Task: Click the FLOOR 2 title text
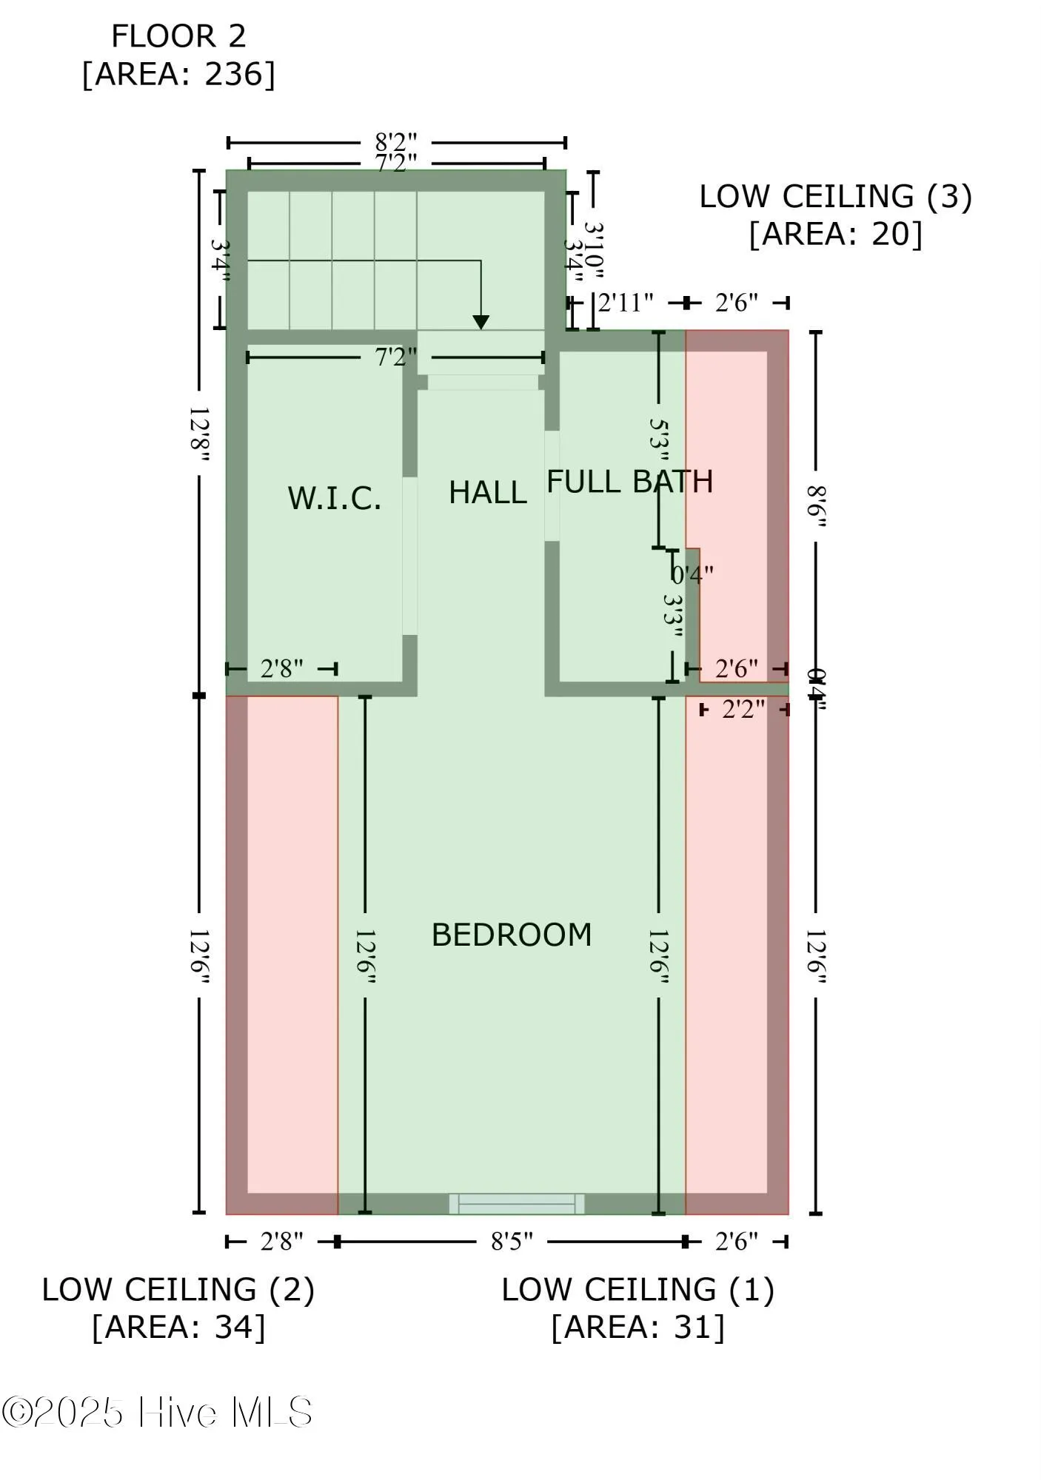(x=178, y=36)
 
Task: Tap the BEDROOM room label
(x=512, y=935)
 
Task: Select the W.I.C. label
(x=335, y=499)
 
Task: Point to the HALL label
(x=487, y=493)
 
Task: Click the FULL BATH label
(x=629, y=482)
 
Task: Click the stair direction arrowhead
(x=481, y=322)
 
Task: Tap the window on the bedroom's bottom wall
(x=516, y=1204)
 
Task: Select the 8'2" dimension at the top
(x=396, y=141)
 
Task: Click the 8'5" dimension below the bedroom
(x=512, y=1242)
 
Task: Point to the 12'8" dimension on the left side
(x=198, y=433)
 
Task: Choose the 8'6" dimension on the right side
(x=815, y=506)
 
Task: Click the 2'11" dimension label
(x=626, y=303)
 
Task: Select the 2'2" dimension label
(x=743, y=710)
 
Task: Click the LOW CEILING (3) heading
(x=835, y=197)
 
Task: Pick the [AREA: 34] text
(x=178, y=1327)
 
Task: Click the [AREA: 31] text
(x=637, y=1327)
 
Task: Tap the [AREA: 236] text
(x=178, y=74)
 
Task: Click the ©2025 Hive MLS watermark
(x=157, y=1412)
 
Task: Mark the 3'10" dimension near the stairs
(x=594, y=252)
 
